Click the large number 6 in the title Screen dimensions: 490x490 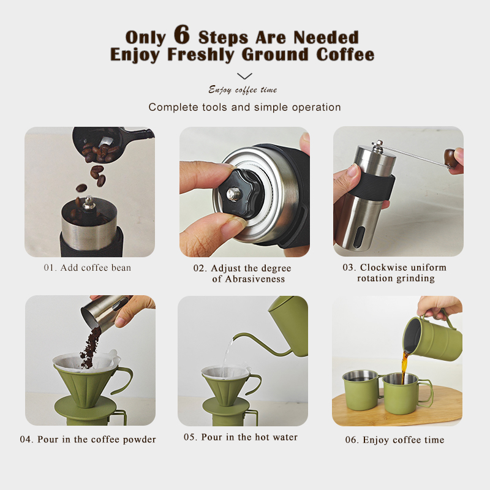(182, 34)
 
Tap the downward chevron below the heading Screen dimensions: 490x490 (244, 76)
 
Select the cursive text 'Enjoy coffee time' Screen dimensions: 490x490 (243, 90)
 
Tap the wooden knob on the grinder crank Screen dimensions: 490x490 (451, 159)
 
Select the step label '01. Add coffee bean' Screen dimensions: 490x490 (88, 268)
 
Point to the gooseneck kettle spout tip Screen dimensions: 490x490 (235, 336)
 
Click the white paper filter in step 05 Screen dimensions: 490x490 (225, 372)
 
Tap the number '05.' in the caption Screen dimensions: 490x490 (190, 437)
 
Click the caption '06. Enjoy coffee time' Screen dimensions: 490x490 (394, 440)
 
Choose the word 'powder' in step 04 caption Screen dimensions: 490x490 (140, 440)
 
